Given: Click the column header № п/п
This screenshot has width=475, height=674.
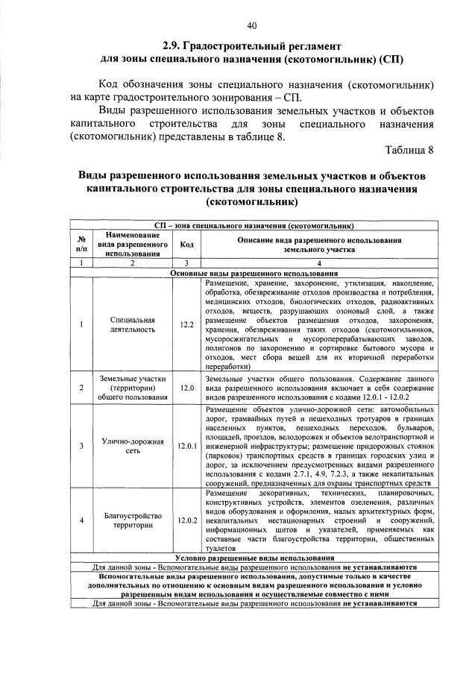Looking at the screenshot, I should coord(81,245).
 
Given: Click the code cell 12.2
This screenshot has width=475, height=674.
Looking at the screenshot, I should coord(186,324).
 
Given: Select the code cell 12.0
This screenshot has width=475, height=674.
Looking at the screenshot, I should coord(186,388).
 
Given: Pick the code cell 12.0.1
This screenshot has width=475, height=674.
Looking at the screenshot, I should coord(186,446).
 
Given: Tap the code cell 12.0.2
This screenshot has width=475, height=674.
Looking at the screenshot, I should coord(186,520).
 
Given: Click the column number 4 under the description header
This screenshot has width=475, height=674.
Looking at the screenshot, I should coord(319,264).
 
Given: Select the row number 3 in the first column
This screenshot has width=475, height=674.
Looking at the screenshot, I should coord(81,446).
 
